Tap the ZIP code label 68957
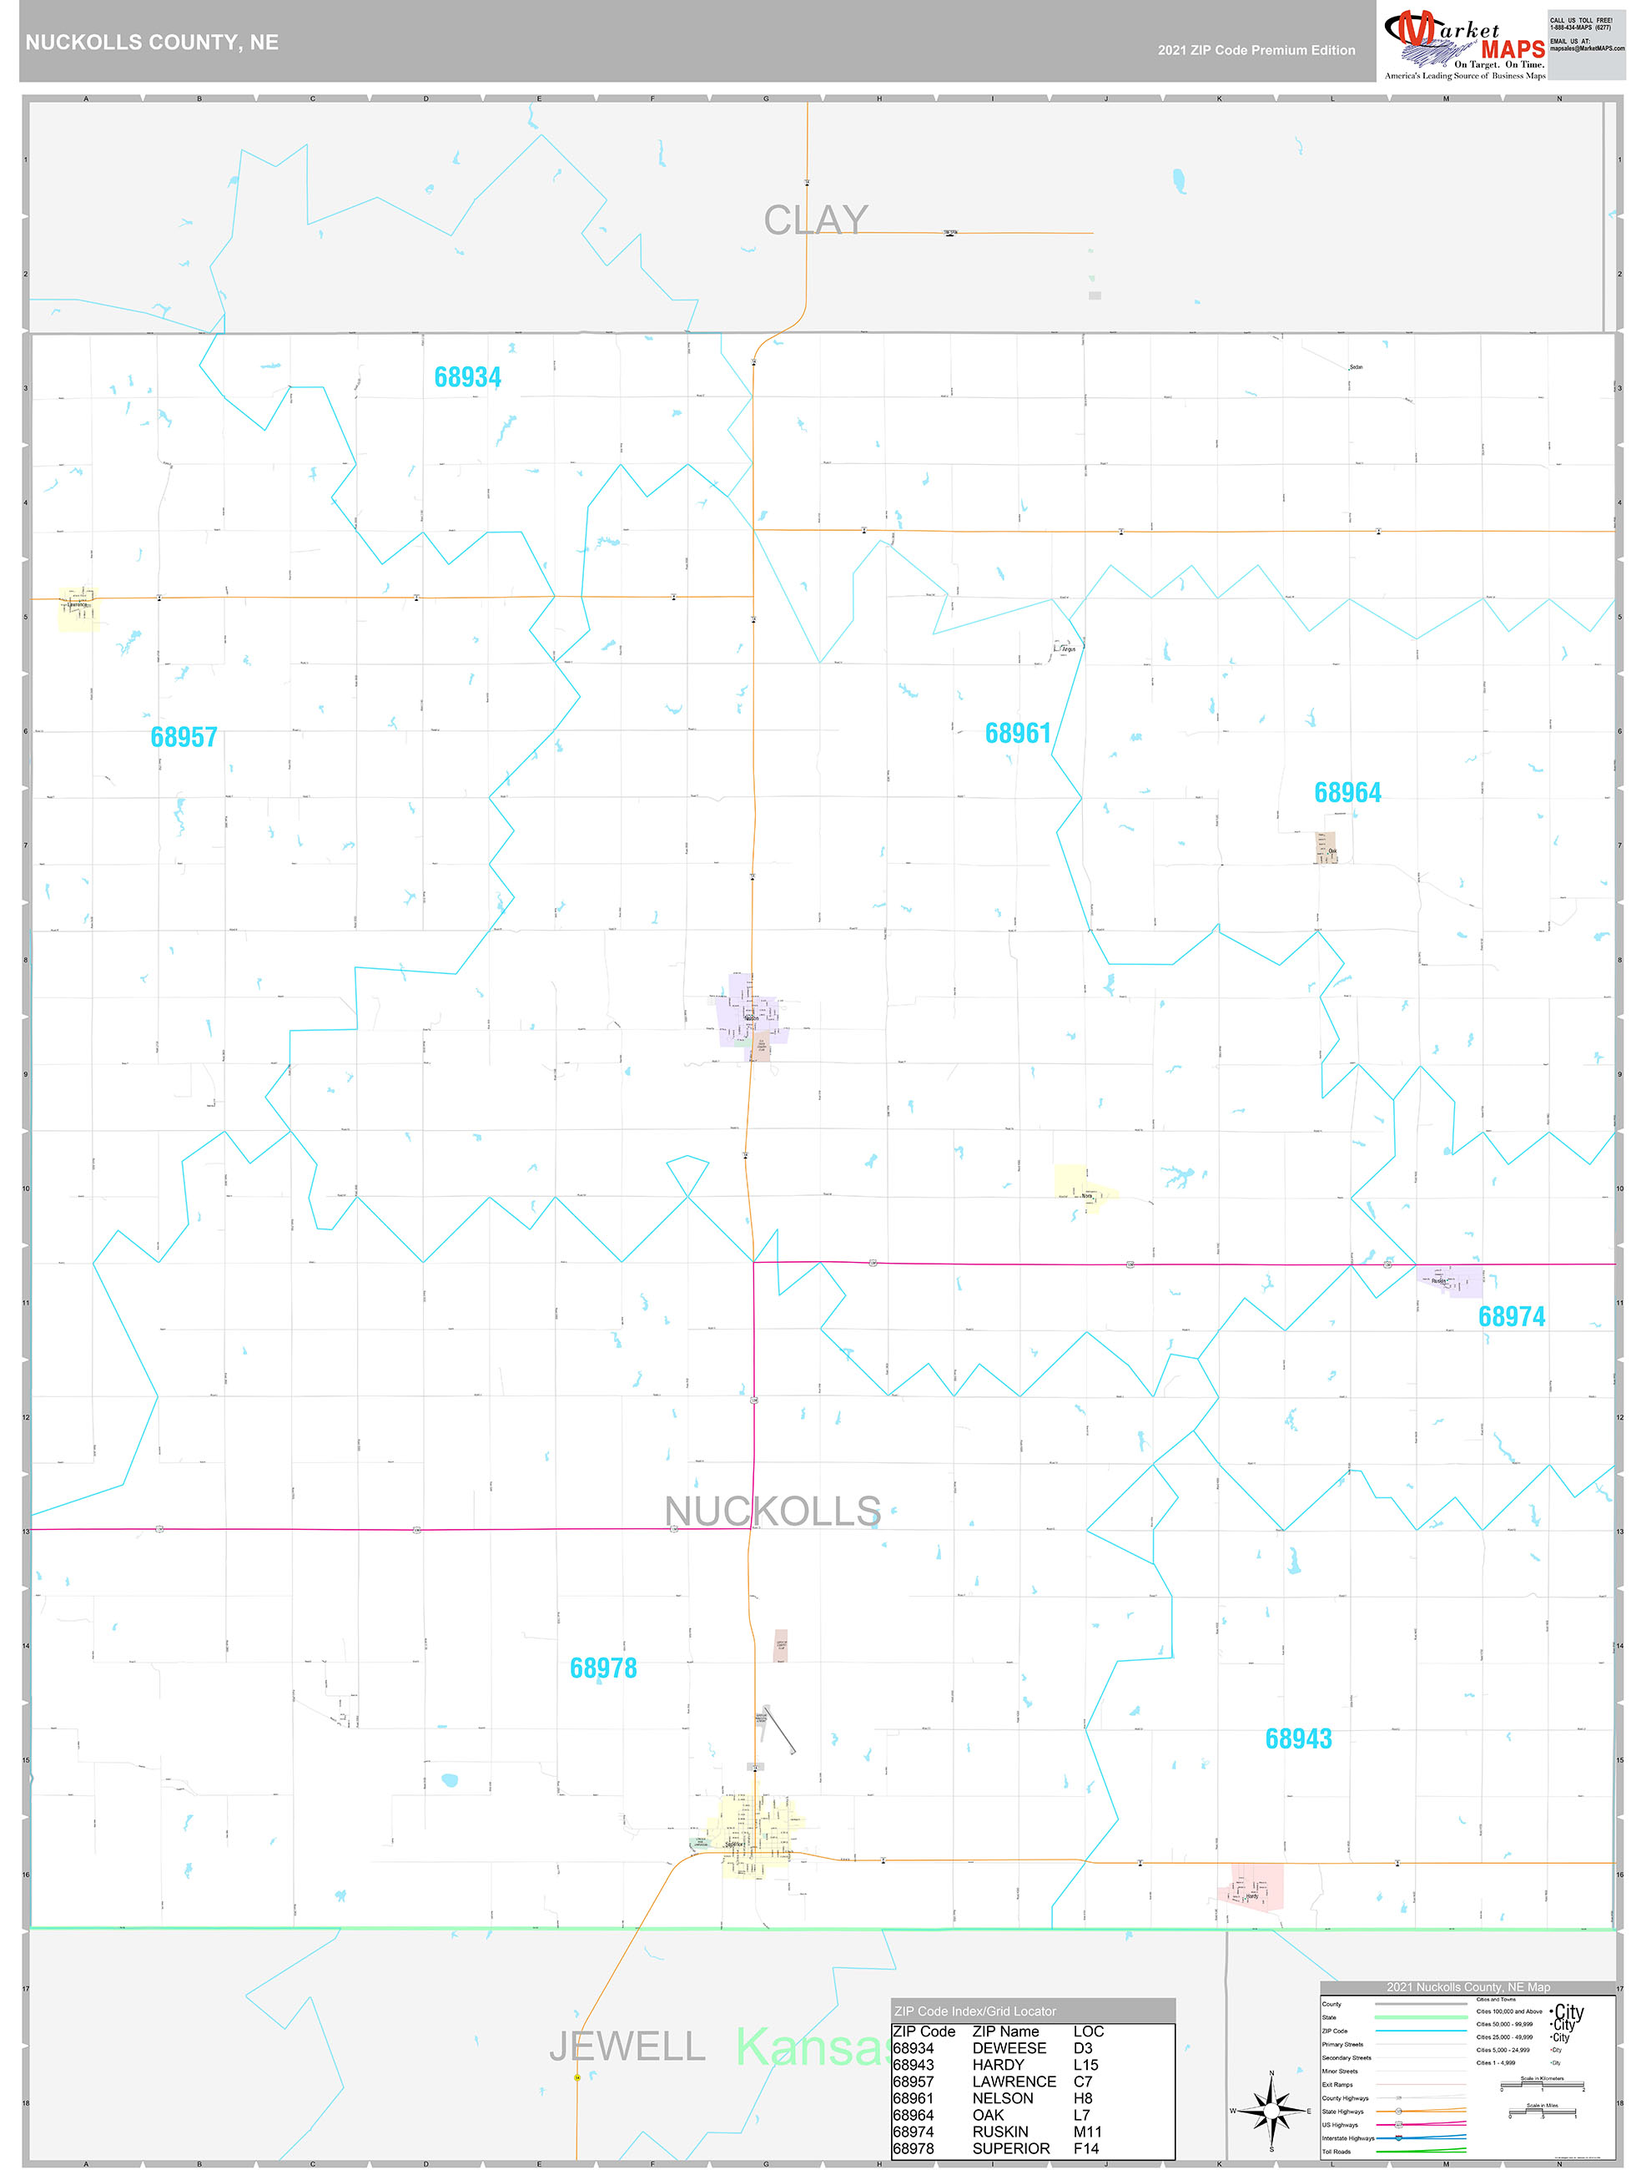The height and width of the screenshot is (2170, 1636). pyautogui.click(x=184, y=738)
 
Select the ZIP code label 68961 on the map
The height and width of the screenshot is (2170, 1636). pyautogui.click(x=1017, y=734)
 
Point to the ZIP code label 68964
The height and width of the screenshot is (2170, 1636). pyautogui.click(x=1347, y=793)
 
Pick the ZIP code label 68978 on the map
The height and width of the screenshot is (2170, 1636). pyautogui.click(x=602, y=1668)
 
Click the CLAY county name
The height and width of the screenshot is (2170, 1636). pyautogui.click(x=815, y=220)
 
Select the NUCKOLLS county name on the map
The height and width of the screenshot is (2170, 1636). pyautogui.click(x=772, y=1511)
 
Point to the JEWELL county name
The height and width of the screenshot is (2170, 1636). pyautogui.click(x=626, y=2046)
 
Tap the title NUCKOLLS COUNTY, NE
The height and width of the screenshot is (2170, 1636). pyautogui.click(x=152, y=43)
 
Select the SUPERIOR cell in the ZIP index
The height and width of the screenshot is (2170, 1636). pyautogui.click(x=1010, y=2148)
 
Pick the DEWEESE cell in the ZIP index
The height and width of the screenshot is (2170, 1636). pyautogui.click(x=1009, y=2048)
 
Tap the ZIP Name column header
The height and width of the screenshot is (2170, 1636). pyautogui.click(x=1004, y=2031)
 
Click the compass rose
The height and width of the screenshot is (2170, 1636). pyautogui.click(x=1271, y=2109)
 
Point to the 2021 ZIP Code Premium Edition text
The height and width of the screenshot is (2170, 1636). pyautogui.click(x=1256, y=51)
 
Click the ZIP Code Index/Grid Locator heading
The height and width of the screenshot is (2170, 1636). pyautogui.click(x=975, y=2011)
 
